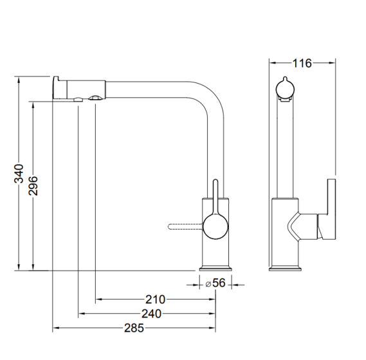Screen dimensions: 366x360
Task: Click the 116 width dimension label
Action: (302, 63)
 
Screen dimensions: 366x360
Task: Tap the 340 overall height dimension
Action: (19, 174)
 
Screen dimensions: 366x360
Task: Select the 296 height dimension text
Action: (33, 186)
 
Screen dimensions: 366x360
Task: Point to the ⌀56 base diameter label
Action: (215, 283)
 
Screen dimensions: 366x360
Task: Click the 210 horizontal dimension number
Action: (155, 300)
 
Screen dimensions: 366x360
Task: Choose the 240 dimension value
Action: (151, 314)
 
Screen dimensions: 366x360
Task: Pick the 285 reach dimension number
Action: (134, 328)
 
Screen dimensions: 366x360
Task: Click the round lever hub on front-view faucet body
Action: (215, 226)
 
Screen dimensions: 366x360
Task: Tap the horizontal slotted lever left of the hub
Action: (185, 226)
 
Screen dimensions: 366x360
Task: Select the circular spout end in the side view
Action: (285, 89)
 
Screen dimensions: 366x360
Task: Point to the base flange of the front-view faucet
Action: (215, 268)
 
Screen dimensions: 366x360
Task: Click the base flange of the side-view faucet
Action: (285, 268)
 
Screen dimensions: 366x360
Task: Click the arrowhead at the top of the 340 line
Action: (19, 80)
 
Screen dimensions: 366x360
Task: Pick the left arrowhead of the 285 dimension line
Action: (56, 328)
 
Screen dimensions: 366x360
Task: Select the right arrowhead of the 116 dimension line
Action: (332, 62)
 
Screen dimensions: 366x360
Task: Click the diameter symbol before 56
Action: (208, 284)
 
